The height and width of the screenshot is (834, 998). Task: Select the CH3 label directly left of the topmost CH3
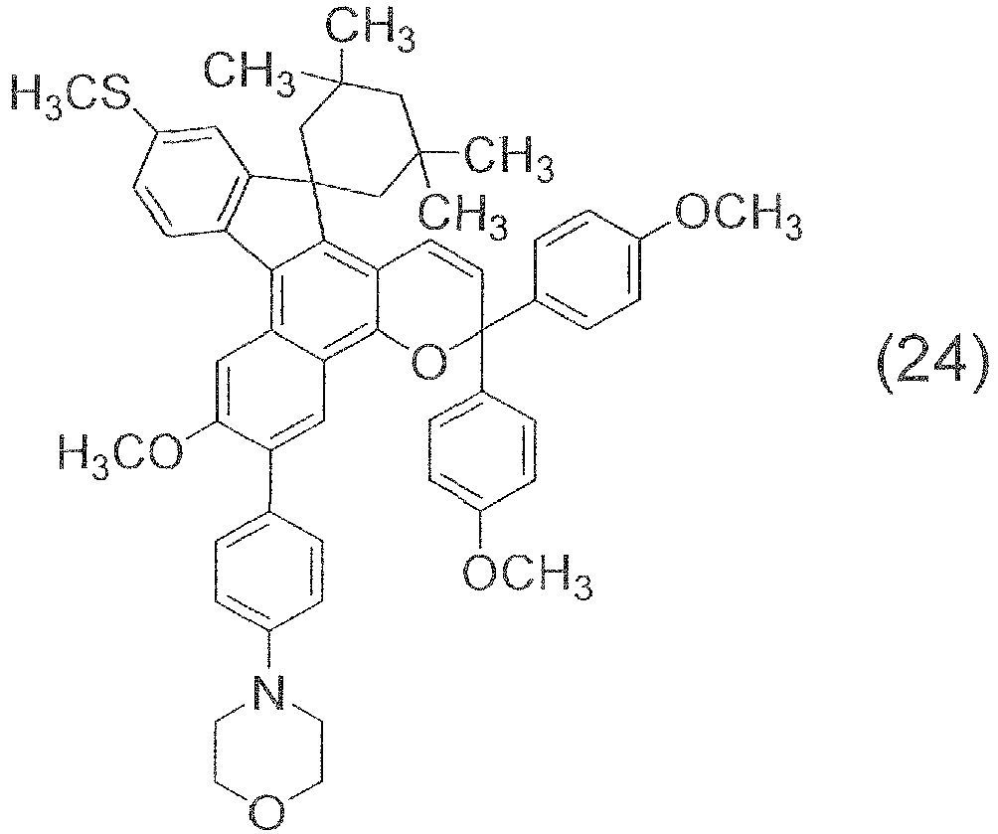click(x=249, y=76)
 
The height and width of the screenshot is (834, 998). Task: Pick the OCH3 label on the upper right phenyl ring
click(x=737, y=218)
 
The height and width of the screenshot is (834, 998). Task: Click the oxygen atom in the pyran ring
click(x=427, y=364)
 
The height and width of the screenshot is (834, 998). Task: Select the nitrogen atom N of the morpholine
click(x=268, y=694)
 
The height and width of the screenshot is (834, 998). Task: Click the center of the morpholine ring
click(x=268, y=753)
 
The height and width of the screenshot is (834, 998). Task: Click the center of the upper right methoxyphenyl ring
click(x=585, y=270)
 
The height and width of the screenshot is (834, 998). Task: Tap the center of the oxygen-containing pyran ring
click(x=428, y=302)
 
